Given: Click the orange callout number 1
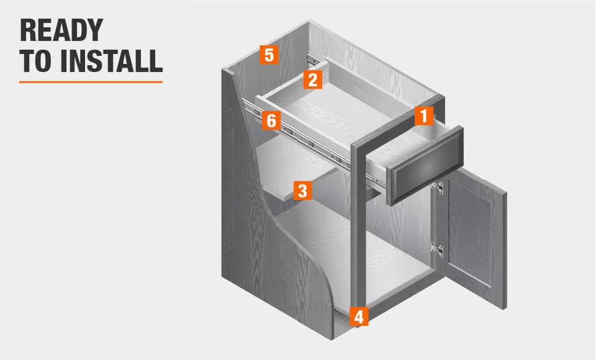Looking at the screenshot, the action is pyautogui.click(x=423, y=115).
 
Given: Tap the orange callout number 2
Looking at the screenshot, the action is pyautogui.click(x=312, y=79).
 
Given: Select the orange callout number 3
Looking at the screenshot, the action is pyautogui.click(x=302, y=191).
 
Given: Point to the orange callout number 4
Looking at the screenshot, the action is pyautogui.click(x=359, y=317).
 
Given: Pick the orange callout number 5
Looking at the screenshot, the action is pyautogui.click(x=269, y=55).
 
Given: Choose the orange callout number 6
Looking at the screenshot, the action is pyautogui.click(x=271, y=120).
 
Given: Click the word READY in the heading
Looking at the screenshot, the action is pyautogui.click(x=61, y=30).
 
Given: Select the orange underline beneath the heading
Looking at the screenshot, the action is pyautogui.click(x=91, y=82).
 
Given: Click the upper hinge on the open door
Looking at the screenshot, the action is pyautogui.click(x=438, y=188).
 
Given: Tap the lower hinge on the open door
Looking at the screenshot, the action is pyautogui.click(x=438, y=250).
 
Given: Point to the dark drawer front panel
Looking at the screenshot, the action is pyautogui.click(x=425, y=166).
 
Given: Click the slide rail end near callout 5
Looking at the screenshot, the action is pyautogui.click(x=313, y=60).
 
